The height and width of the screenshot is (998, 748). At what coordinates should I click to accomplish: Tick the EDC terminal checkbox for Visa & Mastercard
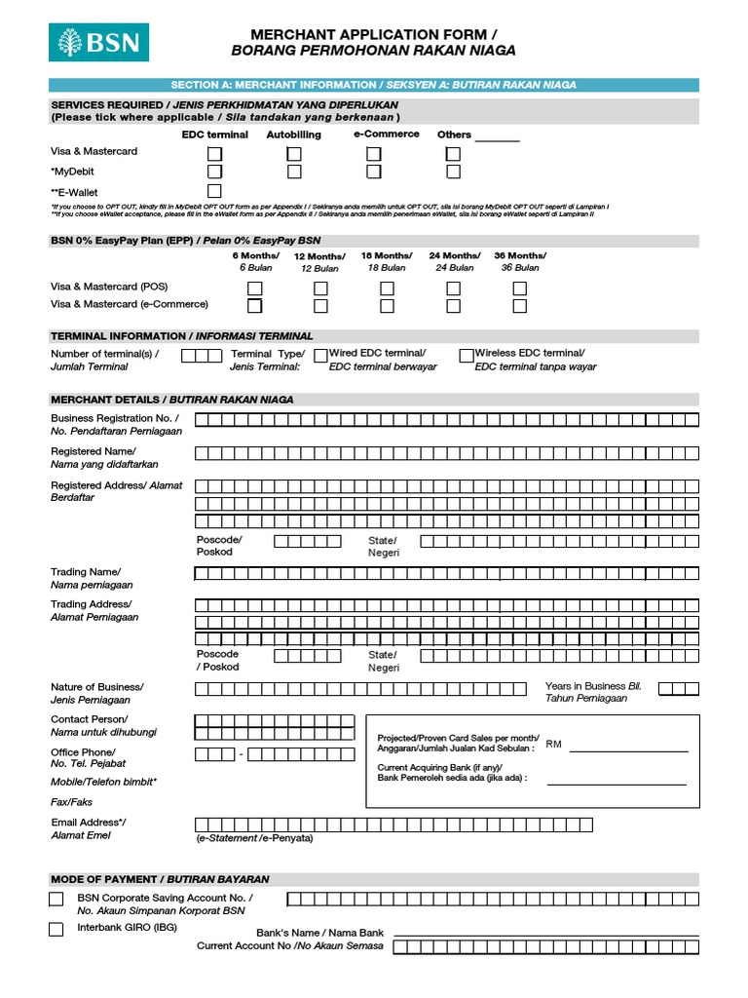pyautogui.click(x=214, y=154)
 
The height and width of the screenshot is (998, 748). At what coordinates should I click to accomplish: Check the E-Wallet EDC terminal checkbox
pyautogui.click(x=214, y=191)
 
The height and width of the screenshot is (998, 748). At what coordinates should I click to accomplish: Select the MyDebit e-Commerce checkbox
pyautogui.click(x=374, y=173)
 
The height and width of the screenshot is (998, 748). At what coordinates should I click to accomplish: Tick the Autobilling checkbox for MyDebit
pyautogui.click(x=294, y=173)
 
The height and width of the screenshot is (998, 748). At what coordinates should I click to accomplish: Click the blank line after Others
pyautogui.click(x=497, y=139)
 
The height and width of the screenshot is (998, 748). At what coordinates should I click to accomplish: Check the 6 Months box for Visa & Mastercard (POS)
pyautogui.click(x=254, y=288)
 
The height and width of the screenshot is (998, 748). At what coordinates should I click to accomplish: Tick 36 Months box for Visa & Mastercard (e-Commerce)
pyautogui.click(x=520, y=306)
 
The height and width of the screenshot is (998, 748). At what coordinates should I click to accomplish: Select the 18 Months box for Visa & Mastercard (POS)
pyautogui.click(x=388, y=288)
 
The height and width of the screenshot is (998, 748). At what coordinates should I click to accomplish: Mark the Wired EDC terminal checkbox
pyautogui.click(x=320, y=356)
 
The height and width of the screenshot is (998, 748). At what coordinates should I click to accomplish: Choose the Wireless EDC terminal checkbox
pyautogui.click(x=467, y=356)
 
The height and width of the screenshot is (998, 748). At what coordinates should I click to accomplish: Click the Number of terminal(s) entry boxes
pyautogui.click(x=202, y=356)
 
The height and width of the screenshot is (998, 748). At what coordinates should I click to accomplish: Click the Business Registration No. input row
pyautogui.click(x=447, y=420)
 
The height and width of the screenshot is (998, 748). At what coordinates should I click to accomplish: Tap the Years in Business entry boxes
pyautogui.click(x=679, y=689)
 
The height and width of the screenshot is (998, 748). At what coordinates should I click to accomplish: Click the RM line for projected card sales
pyautogui.click(x=628, y=749)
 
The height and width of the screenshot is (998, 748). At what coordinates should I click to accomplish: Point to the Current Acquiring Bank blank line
pyautogui.click(x=617, y=782)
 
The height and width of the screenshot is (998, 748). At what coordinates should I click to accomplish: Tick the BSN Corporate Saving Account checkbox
pyautogui.click(x=56, y=899)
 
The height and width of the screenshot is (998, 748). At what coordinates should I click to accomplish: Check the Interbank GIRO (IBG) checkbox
pyautogui.click(x=56, y=929)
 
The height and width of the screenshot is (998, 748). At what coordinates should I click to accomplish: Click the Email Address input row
pyautogui.click(x=393, y=825)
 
